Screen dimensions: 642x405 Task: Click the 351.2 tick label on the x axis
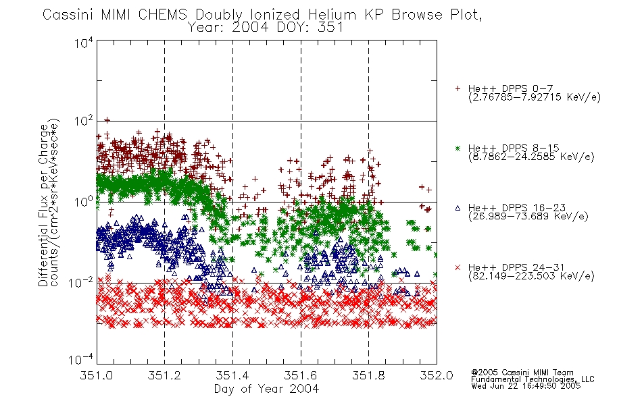click(164, 375)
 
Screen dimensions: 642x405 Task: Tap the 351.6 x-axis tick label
click(301, 375)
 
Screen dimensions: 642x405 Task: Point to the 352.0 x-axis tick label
click(437, 375)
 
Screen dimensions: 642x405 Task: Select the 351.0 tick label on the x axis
click(96, 375)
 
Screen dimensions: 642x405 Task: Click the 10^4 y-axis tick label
click(84, 43)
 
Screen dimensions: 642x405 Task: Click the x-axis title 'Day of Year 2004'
click(266, 389)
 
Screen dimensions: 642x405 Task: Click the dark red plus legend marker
click(458, 88)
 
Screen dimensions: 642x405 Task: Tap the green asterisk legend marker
click(458, 148)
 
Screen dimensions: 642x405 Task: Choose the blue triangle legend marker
click(458, 208)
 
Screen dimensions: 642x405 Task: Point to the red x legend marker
click(458, 267)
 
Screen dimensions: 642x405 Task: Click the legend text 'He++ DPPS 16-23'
click(517, 208)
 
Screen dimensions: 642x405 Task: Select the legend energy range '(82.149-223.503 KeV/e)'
click(531, 276)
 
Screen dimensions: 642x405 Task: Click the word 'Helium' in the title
click(332, 15)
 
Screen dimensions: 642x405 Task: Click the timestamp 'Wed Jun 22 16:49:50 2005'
click(526, 386)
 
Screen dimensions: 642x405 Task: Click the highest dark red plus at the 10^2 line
click(107, 120)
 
